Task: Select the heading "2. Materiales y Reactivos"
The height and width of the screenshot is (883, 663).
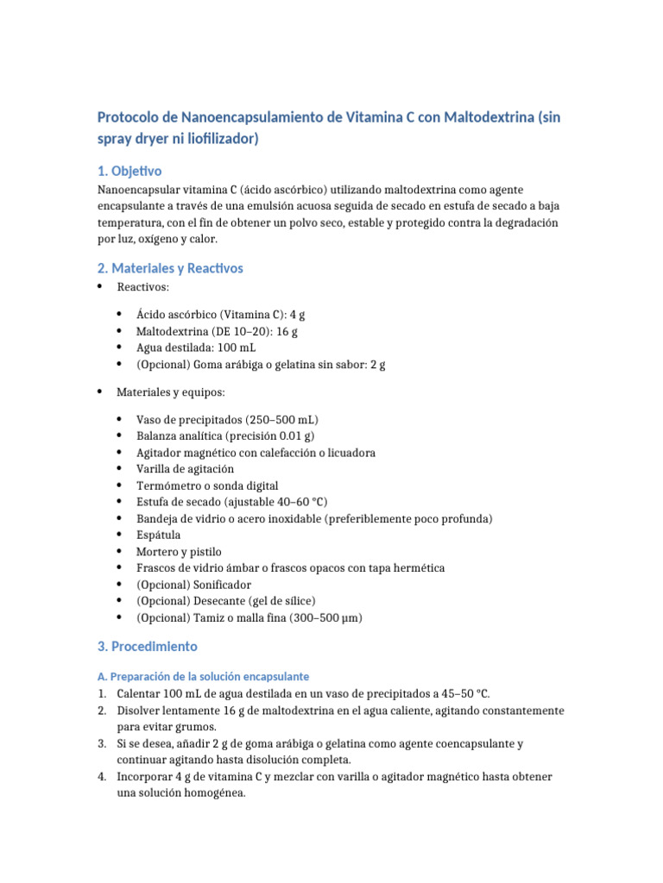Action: click(170, 268)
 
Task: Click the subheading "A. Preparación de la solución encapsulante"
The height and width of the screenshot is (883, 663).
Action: click(203, 676)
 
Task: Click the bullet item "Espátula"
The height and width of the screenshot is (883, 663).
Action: click(159, 535)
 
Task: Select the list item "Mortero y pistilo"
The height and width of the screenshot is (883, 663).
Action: click(179, 552)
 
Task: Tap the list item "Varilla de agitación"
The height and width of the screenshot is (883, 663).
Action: click(185, 469)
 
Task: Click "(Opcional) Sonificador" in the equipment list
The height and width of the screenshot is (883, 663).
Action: click(193, 585)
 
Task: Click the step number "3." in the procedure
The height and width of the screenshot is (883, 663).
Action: click(102, 743)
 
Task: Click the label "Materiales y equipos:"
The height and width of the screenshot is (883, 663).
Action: click(170, 392)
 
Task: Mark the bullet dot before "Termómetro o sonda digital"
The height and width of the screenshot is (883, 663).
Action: click(118, 485)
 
